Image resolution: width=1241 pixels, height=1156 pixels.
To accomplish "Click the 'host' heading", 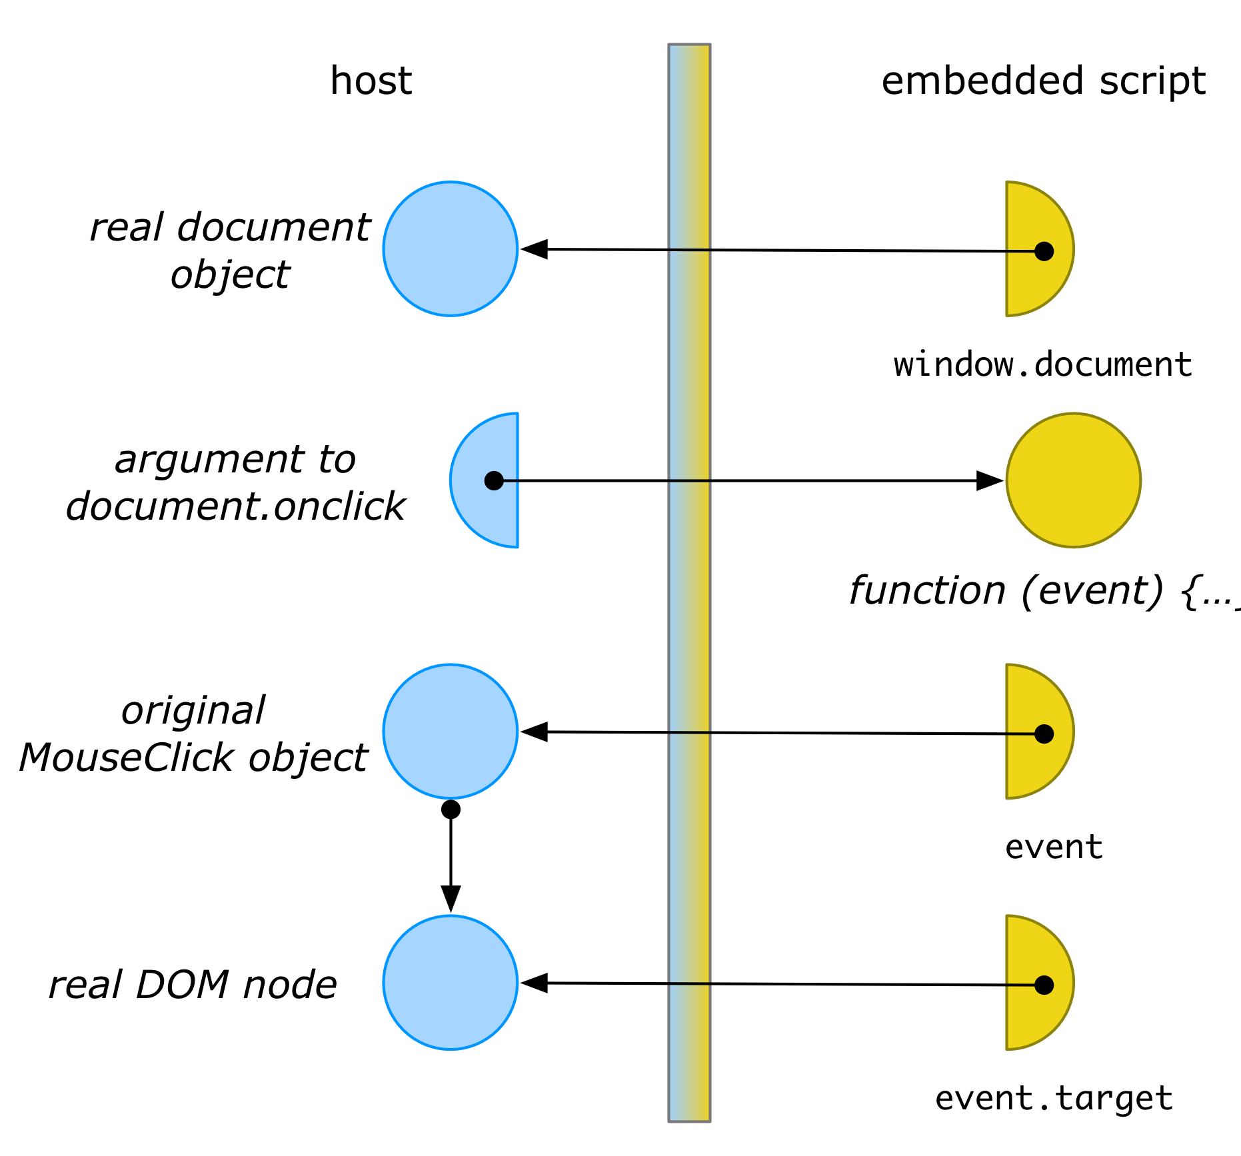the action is [371, 81].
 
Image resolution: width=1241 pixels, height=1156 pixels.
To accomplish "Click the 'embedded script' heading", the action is [1044, 81].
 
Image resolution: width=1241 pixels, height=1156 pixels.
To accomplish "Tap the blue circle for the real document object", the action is [451, 249].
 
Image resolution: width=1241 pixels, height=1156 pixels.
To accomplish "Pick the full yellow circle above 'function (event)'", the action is [1074, 480].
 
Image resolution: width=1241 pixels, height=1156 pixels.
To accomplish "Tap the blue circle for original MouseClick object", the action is [451, 731].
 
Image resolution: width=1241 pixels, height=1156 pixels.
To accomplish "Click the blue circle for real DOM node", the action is [451, 983].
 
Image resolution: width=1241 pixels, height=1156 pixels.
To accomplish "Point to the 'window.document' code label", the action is [1043, 364].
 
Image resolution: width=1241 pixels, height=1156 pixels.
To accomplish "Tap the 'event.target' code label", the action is [1054, 1098].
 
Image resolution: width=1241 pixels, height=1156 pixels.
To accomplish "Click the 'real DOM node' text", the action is [193, 985].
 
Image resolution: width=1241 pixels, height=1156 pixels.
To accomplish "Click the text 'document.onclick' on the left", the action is [235, 506].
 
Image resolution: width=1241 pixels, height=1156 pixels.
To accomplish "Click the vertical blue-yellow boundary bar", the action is [689, 583].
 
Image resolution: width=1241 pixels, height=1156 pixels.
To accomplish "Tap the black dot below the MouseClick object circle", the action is [451, 810].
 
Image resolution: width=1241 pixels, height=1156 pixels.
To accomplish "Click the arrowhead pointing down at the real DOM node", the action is [451, 899].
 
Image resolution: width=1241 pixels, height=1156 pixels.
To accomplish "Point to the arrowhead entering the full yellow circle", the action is [990, 480].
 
